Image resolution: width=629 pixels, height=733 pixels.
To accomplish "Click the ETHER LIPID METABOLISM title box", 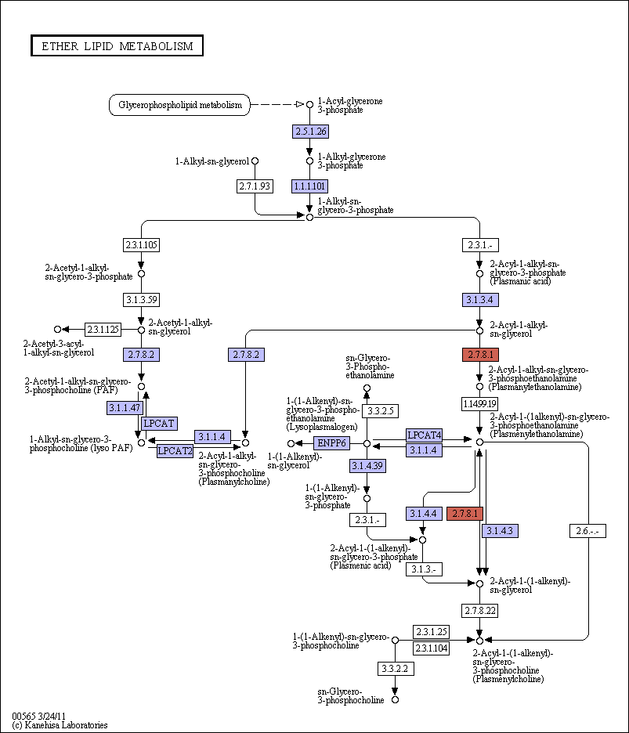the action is point(117,45).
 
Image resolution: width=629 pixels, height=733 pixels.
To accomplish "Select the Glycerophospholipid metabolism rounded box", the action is point(179,105).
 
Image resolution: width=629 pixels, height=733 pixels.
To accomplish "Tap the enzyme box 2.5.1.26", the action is point(310,132).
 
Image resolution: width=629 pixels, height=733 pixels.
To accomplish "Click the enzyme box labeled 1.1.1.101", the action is point(309,186).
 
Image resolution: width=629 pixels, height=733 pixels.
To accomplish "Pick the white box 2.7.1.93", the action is point(255,186).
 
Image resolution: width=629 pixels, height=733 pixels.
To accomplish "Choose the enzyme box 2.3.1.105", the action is point(141,244).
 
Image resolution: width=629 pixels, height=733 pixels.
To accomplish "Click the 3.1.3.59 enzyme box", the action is point(141,300).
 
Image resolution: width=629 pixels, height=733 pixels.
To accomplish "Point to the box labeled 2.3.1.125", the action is point(103,330).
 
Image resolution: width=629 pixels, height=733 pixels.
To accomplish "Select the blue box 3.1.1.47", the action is point(125,408).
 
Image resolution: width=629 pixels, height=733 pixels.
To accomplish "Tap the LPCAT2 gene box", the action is point(175,450).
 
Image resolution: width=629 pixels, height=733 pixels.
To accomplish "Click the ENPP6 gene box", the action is point(331,442).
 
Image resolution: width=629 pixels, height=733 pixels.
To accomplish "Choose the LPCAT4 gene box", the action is point(425,435).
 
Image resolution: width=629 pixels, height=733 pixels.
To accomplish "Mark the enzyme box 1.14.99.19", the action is point(479,403).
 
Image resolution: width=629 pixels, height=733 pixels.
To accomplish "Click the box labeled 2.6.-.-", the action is point(587,531).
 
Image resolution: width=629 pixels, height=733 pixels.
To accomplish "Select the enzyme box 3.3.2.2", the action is point(396,669).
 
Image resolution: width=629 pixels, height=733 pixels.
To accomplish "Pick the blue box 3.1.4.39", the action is point(367,466).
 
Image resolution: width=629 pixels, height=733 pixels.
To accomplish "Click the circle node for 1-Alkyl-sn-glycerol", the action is point(255,161).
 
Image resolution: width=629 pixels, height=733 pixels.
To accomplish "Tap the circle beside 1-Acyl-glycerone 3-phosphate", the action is point(309,105).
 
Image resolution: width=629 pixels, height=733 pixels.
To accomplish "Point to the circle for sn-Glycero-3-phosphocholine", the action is point(395,700).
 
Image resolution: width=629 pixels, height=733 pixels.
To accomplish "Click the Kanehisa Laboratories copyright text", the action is point(60,725).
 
